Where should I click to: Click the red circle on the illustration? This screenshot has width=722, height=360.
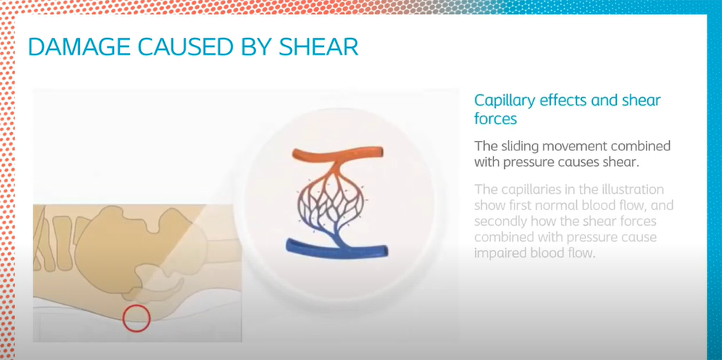pyautogui.click(x=136, y=318)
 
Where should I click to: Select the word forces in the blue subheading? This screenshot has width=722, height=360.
pyautogui.click(x=496, y=119)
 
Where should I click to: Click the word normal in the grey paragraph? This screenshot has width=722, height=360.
pyautogui.click(x=562, y=205)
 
